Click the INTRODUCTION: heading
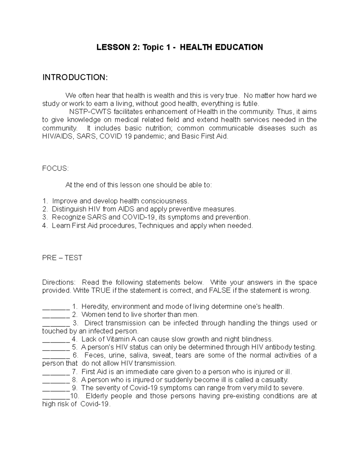[74, 77]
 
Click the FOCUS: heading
[55, 169]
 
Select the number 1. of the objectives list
[45, 201]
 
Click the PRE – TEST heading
[62, 258]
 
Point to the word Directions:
[59, 282]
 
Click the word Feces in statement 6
[94, 355]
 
